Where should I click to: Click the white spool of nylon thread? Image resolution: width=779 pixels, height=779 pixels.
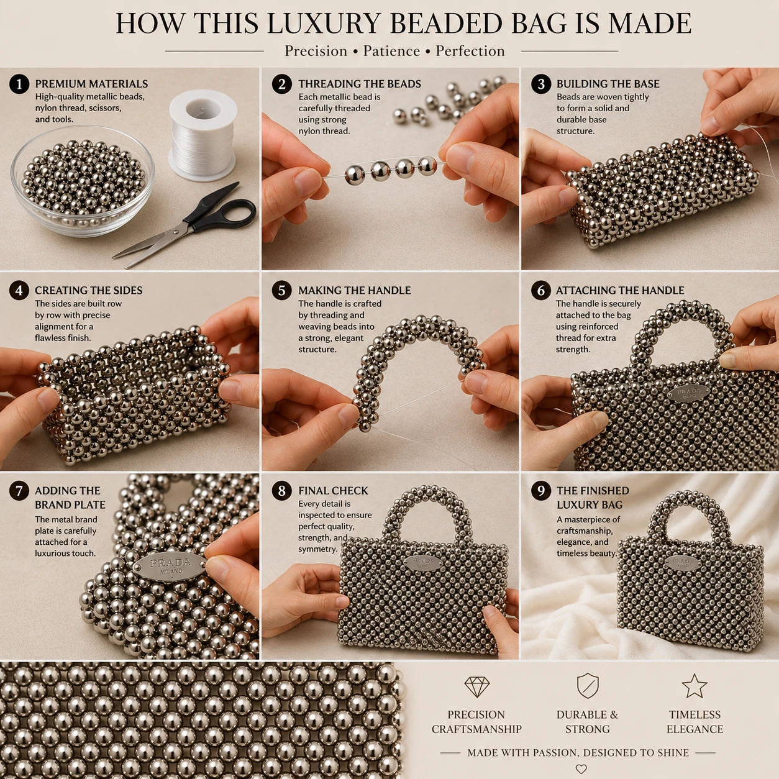coord(203,135)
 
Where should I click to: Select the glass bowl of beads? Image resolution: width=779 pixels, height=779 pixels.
coord(83,180)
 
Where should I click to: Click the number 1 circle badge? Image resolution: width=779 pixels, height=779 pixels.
coord(19,84)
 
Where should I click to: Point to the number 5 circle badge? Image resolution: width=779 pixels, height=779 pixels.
coord(282,291)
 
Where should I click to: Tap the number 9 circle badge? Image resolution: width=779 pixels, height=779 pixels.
coord(541,491)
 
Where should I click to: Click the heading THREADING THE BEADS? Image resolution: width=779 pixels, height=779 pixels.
coord(360,84)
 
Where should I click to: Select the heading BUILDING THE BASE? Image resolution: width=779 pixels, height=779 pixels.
coord(608,84)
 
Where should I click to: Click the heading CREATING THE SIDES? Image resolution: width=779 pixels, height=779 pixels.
coord(89,290)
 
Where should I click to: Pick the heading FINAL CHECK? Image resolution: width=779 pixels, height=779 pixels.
coord(333,490)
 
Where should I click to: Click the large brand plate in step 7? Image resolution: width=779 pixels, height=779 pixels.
coord(170,567)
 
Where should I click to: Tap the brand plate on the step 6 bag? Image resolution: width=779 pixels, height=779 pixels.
coord(688,393)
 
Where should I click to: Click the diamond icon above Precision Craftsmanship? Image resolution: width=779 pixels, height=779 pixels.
coord(476,687)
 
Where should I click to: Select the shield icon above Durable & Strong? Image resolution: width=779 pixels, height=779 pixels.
coord(588,686)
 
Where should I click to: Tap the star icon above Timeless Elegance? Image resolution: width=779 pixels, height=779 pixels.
coord(694,686)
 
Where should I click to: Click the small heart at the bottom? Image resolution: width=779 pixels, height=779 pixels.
coord(581,768)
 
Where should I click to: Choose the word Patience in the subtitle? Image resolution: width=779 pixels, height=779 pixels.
coord(391,51)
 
